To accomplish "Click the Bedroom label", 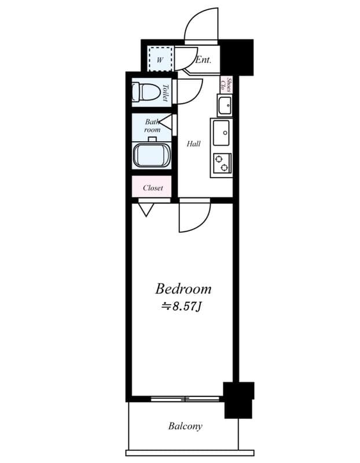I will (x=182, y=288).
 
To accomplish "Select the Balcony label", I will (x=185, y=427).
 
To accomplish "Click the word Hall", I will (x=193, y=144).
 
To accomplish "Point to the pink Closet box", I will (x=152, y=188).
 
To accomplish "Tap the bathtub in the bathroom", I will (x=152, y=156).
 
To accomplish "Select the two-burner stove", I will (x=222, y=164).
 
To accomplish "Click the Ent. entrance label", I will (x=203, y=60).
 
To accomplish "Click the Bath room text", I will (x=152, y=126).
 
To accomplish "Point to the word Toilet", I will (x=166, y=93).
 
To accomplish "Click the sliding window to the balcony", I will (x=185, y=398).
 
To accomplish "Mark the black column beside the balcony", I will (x=239, y=399).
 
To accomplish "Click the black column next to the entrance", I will (x=238, y=57).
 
